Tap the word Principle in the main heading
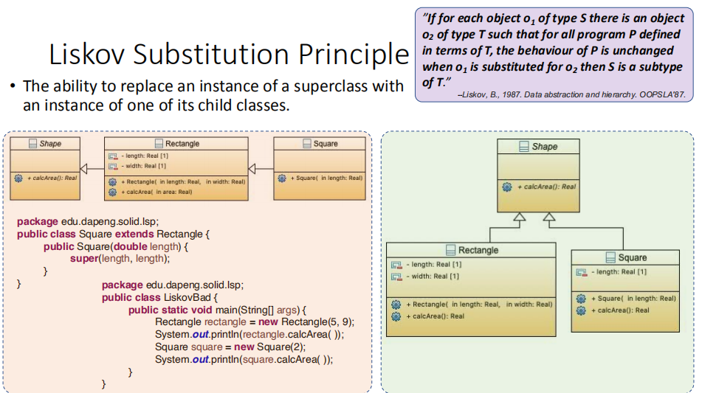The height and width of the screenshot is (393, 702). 354,55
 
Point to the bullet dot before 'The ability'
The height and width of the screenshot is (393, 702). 13,86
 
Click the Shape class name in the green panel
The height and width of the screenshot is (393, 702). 545,147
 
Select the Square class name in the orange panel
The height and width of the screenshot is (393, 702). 326,144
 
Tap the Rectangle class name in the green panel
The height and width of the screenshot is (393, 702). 478,250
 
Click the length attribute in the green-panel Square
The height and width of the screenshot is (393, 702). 619,272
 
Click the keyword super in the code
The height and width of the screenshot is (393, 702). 84,258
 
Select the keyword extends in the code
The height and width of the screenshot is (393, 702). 134,234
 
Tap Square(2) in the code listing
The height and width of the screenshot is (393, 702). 281,347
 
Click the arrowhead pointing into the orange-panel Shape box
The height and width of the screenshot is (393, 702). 83,169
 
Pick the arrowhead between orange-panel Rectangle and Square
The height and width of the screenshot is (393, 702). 252,169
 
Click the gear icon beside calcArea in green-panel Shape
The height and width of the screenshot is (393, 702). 507,187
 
